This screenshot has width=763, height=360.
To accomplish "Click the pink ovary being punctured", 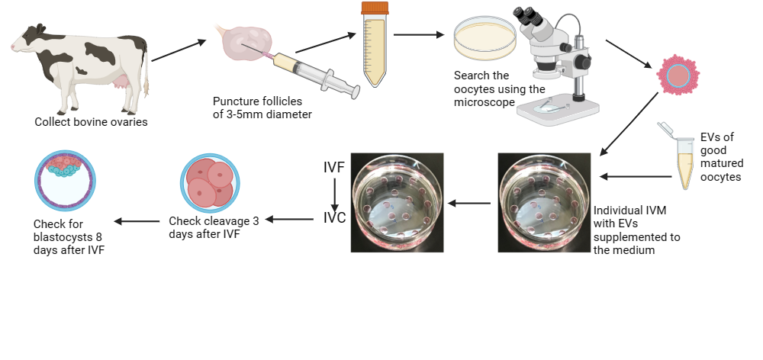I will click(x=247, y=42).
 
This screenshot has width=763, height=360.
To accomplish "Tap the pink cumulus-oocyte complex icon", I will click(x=678, y=74).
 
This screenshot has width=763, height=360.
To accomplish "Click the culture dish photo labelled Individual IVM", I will click(x=545, y=202).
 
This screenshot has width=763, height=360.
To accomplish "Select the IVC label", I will click(x=335, y=217).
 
